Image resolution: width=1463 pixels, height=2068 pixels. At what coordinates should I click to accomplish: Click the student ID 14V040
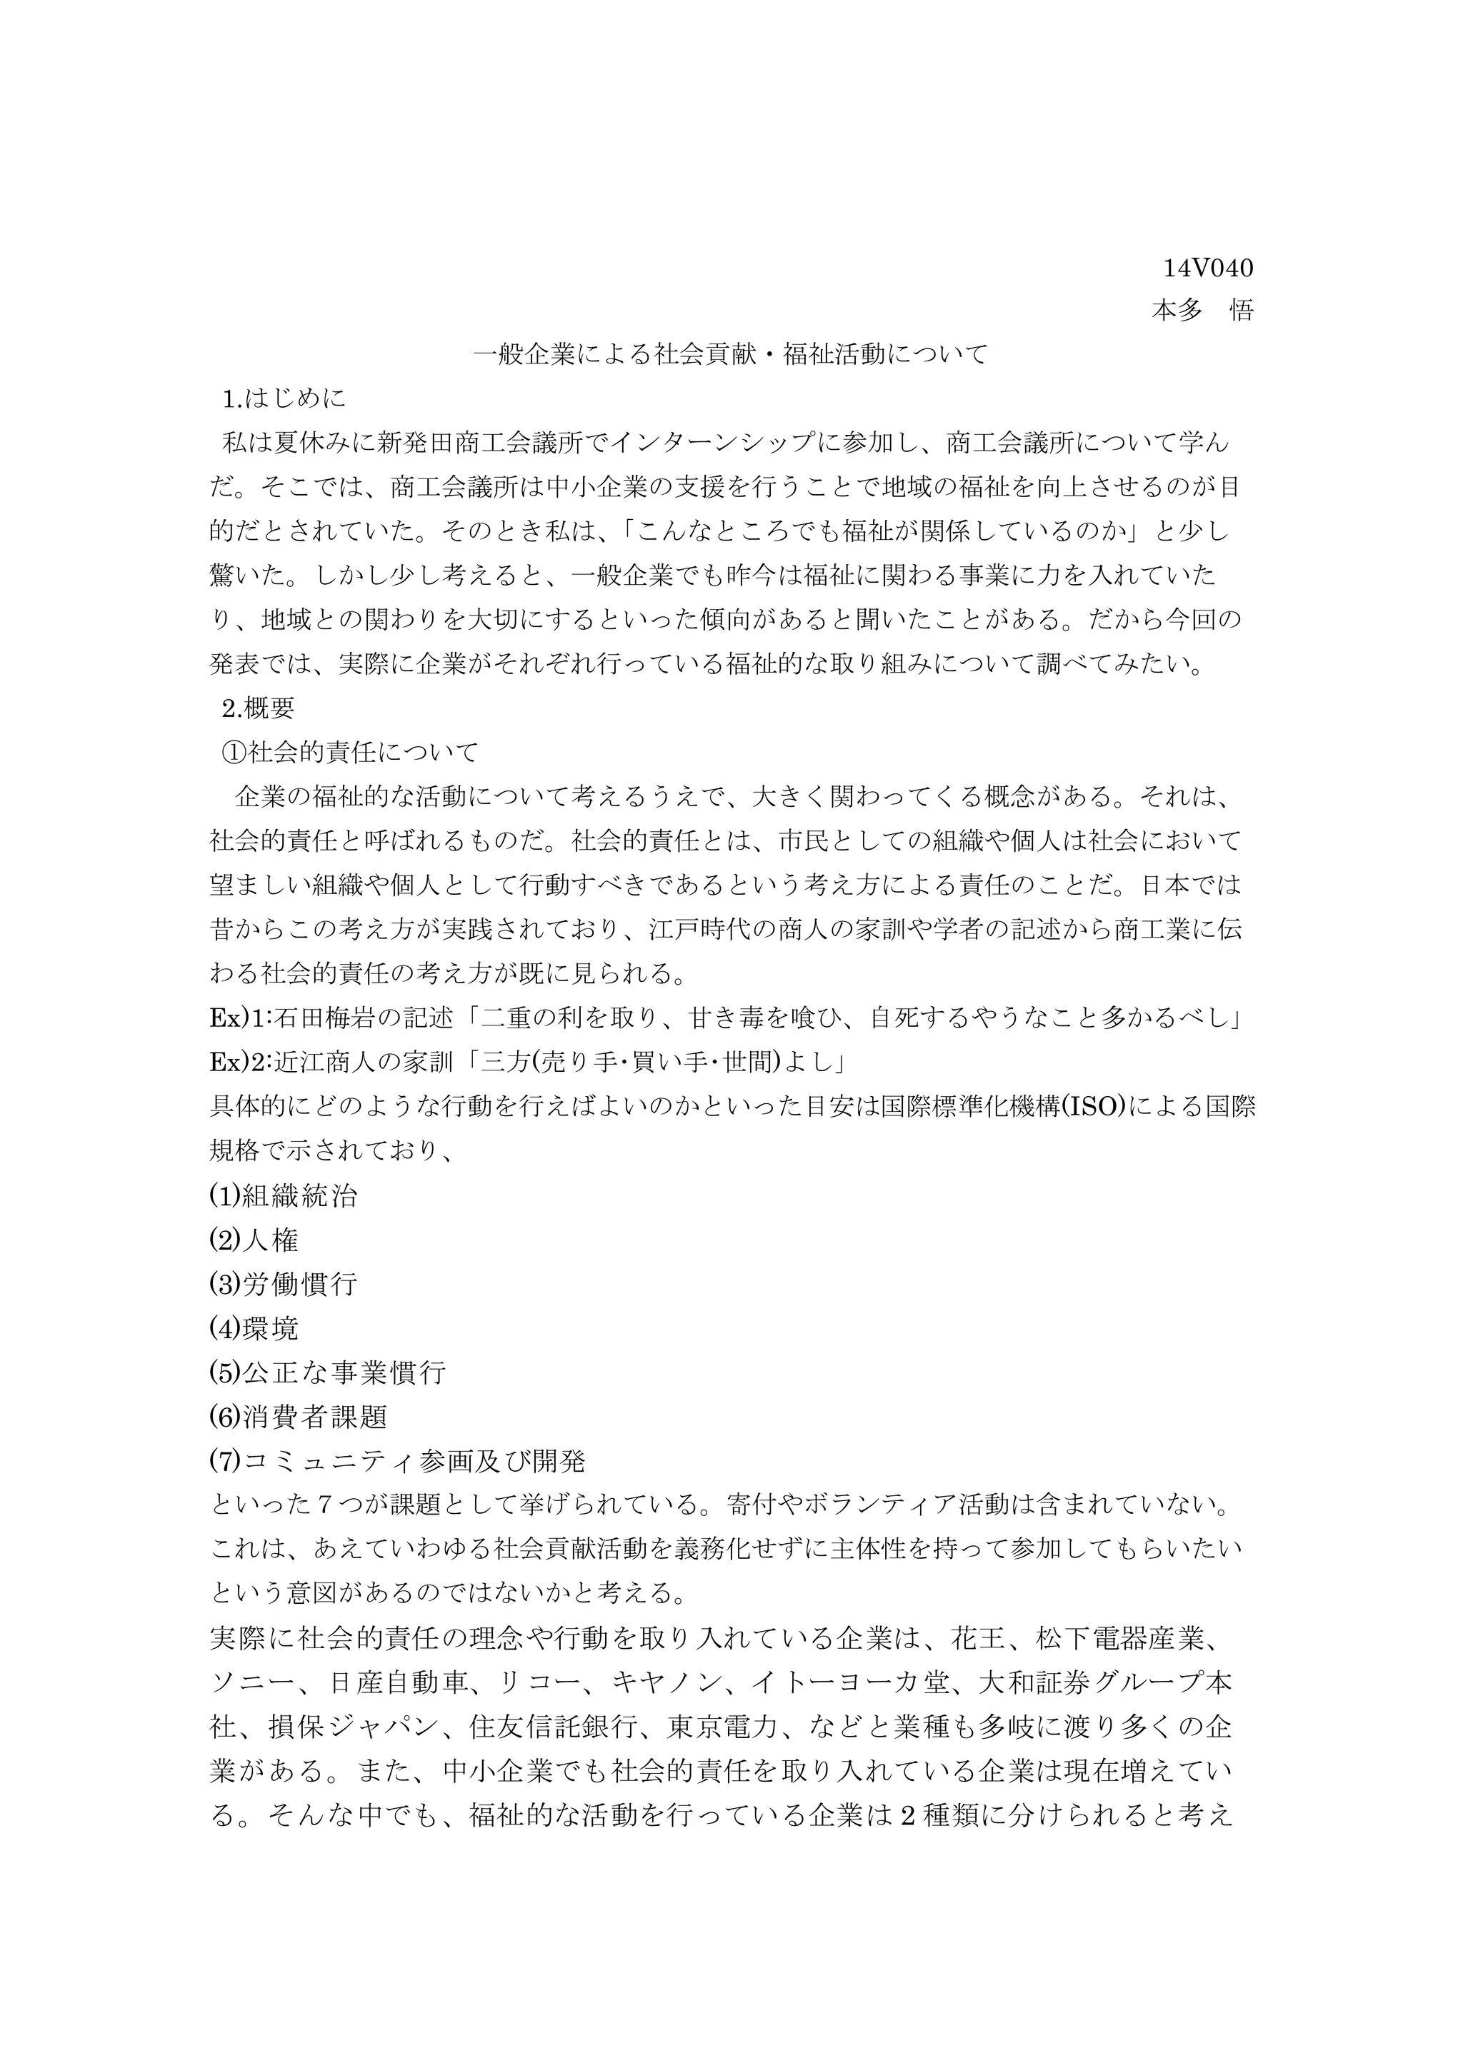1207,268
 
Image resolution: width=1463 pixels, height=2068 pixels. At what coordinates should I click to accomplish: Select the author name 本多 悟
1203,311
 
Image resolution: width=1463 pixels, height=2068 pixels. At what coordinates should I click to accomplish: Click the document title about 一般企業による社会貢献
731,354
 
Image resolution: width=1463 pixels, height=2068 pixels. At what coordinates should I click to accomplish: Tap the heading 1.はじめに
284,398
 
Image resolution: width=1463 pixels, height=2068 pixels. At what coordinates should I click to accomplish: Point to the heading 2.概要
259,708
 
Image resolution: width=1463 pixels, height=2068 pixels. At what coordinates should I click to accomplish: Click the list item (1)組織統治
283,1196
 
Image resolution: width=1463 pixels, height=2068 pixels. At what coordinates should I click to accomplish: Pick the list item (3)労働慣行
283,1285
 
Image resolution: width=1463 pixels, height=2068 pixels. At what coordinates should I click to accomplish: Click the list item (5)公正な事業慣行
327,1372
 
